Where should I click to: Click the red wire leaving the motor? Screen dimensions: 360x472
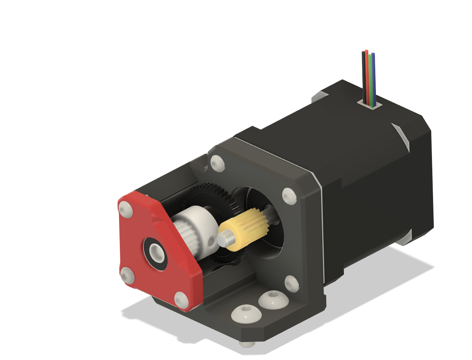tap(367, 72)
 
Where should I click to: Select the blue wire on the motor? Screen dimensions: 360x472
tap(373, 76)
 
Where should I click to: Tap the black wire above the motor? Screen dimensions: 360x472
tap(363, 72)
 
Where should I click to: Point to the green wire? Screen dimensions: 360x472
tap(370, 76)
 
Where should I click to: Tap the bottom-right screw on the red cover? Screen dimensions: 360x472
tap(180, 299)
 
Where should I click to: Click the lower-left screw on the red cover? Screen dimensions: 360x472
tap(127, 276)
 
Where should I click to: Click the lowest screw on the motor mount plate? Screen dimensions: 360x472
tap(291, 283)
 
